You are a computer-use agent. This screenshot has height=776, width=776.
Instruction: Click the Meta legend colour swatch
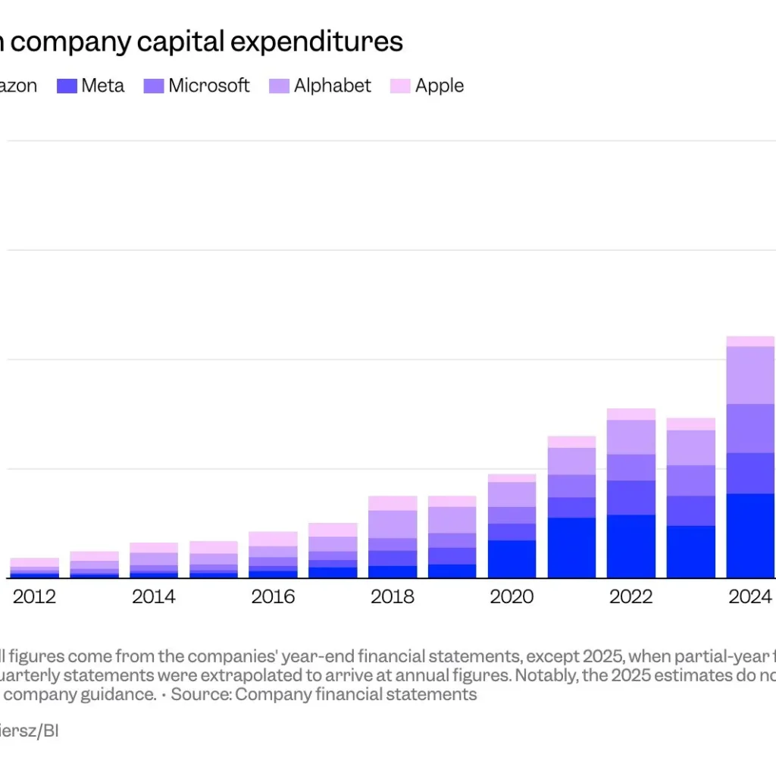point(67,86)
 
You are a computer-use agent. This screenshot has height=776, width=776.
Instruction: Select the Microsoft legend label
point(208,86)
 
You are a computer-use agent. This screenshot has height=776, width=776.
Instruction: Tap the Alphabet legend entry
point(333,86)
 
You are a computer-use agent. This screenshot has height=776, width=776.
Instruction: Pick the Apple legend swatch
point(399,86)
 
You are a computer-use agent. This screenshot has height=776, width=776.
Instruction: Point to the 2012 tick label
point(34,597)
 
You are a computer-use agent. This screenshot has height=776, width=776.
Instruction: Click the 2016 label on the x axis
point(273,597)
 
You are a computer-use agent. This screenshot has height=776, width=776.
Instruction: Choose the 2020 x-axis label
point(512,597)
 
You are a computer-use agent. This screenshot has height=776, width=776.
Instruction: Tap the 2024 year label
point(750,597)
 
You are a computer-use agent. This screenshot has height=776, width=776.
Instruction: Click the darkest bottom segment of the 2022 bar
point(631,546)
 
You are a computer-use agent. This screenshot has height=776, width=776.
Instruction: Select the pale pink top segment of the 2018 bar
point(393,503)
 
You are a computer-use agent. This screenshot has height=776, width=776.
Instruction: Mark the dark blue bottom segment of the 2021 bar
point(571,547)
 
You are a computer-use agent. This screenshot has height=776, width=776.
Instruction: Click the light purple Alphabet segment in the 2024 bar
point(750,375)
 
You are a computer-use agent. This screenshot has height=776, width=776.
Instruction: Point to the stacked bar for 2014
point(154,561)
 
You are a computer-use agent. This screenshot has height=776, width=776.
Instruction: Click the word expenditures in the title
point(317,42)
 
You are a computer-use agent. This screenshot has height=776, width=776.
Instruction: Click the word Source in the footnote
point(203,694)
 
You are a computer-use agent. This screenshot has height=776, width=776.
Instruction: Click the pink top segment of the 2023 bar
point(691,424)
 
